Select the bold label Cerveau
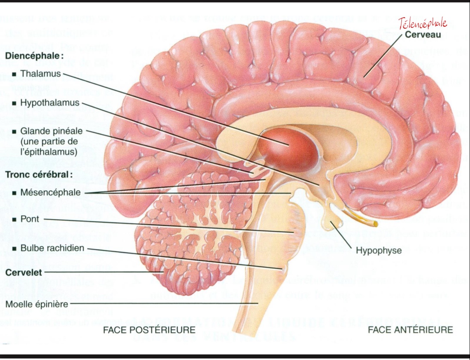coord(423,35)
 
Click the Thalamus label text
coord(41,74)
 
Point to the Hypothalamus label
coord(50,103)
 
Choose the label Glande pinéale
coord(51,131)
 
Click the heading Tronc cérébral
coord(39,175)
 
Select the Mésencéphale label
coord(50,193)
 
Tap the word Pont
coord(30,219)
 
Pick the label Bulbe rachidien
coord(52,248)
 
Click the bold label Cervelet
coord(24,273)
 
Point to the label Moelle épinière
coord(37,304)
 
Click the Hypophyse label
coord(378,250)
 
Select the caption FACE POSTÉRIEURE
coord(149,330)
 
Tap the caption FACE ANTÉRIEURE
coord(410,330)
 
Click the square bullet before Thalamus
coord(14,74)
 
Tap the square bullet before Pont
coord(14,220)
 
